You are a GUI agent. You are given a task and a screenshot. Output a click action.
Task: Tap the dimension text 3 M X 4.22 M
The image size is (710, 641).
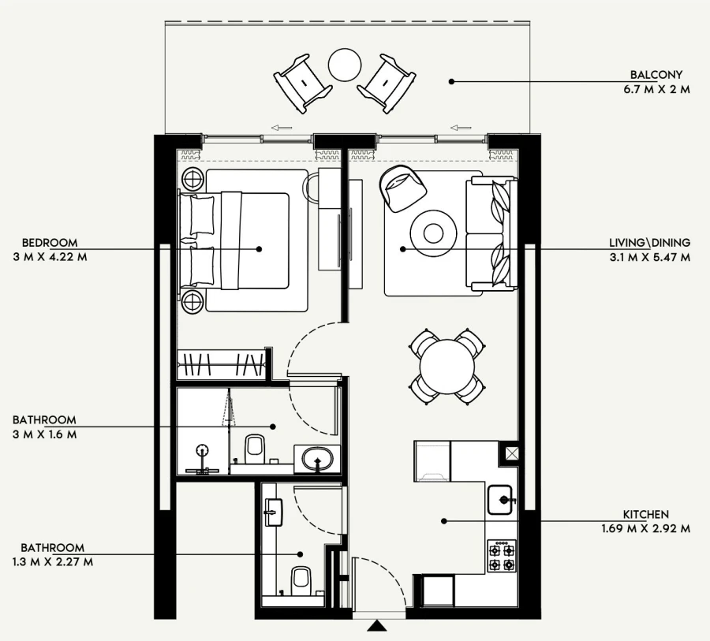(x=49, y=256)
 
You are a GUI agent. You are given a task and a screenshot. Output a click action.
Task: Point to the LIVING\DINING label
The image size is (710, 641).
(x=649, y=243)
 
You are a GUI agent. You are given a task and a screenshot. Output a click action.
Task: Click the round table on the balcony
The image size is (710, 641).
(x=345, y=65)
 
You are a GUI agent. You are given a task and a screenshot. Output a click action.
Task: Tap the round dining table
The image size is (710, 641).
(x=447, y=367)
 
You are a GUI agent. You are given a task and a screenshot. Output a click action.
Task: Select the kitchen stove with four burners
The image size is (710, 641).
(x=501, y=555)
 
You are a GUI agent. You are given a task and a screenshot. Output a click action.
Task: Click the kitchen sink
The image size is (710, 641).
(x=502, y=499)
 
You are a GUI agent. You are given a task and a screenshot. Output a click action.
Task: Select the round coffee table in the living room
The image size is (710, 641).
(x=434, y=233)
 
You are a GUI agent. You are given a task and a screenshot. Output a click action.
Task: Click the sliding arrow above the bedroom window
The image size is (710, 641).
(x=278, y=126)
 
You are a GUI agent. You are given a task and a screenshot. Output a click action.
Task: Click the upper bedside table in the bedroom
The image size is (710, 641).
(x=192, y=180)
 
